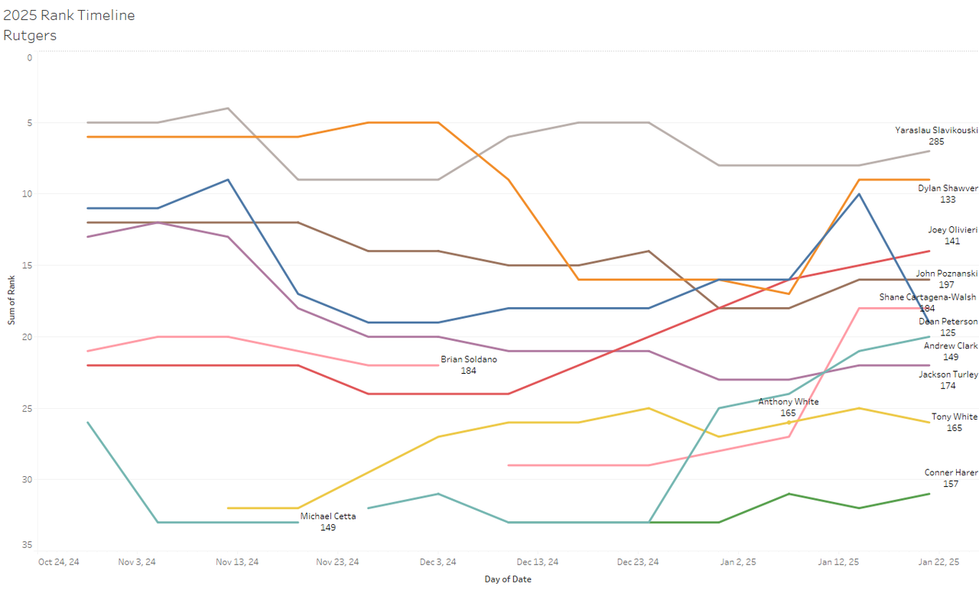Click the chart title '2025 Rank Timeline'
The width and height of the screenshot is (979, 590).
click(x=69, y=15)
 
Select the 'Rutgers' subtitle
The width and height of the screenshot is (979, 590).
click(x=30, y=35)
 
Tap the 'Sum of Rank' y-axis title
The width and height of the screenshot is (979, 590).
click(x=11, y=301)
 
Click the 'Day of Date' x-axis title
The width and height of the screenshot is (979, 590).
click(x=508, y=579)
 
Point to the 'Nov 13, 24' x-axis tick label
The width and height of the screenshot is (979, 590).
click(x=237, y=562)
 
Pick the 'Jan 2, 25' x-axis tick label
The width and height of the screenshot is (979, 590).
click(x=739, y=562)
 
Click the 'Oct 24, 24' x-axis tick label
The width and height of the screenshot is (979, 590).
click(x=59, y=562)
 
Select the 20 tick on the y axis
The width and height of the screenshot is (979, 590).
click(x=28, y=337)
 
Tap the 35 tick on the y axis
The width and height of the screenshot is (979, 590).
click(x=28, y=545)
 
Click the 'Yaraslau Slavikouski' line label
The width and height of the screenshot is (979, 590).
click(x=935, y=131)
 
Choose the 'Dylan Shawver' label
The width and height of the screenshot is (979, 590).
click(x=948, y=188)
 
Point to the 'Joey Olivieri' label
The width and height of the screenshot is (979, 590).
click(x=952, y=229)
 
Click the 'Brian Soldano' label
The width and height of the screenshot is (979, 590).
click(x=468, y=359)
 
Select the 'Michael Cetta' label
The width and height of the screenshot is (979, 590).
click(x=327, y=517)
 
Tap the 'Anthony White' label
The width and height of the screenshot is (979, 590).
click(x=788, y=402)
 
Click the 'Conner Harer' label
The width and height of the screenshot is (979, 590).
click(x=951, y=473)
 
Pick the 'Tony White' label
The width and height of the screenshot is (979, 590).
click(x=954, y=417)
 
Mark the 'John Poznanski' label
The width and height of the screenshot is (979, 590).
click(x=947, y=274)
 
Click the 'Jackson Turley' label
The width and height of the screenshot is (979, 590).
click(x=948, y=374)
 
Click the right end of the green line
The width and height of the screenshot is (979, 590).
click(x=929, y=494)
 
